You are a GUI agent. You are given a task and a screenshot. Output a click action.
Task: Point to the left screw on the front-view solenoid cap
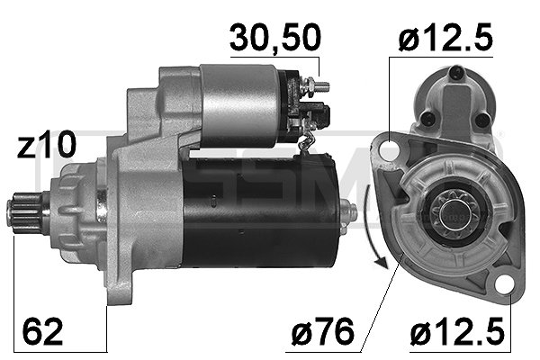click(x=427, y=120)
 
